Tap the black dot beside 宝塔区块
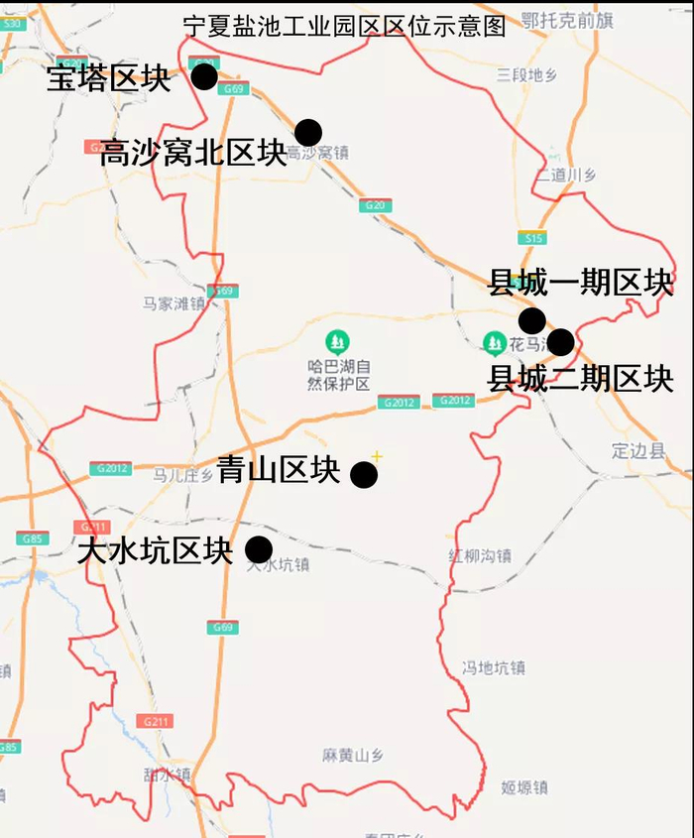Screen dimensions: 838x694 click(x=204, y=76)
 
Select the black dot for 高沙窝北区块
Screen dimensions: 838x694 click(x=308, y=131)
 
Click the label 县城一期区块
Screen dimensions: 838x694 click(x=580, y=284)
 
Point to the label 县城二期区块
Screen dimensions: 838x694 click(x=581, y=379)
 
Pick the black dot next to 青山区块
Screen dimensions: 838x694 click(x=364, y=475)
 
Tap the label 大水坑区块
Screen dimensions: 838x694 click(x=155, y=551)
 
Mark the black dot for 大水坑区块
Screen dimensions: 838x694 click(x=259, y=548)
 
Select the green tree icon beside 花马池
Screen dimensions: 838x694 click(x=495, y=343)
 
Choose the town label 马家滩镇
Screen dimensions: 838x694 click(x=173, y=303)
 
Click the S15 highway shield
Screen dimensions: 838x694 click(x=532, y=237)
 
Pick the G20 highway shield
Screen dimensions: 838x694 click(x=375, y=205)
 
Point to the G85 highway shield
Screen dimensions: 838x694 click(x=33, y=539)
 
